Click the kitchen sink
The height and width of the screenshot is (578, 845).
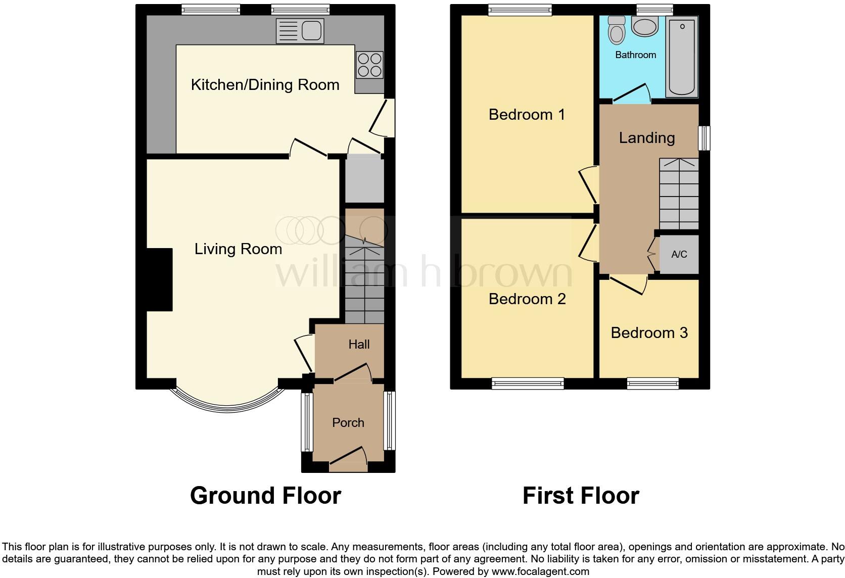(x=300, y=31)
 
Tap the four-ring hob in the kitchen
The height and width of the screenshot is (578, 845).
(x=369, y=65)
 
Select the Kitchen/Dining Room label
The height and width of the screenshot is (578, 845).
(x=265, y=85)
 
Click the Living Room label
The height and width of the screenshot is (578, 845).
(x=238, y=249)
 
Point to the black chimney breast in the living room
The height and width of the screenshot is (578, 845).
(x=160, y=279)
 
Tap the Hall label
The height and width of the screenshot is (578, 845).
(x=359, y=345)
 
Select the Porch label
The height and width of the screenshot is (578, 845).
(x=348, y=423)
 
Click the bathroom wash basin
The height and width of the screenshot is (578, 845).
(x=644, y=26)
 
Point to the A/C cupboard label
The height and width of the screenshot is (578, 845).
(x=679, y=254)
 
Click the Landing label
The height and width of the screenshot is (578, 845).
(x=647, y=138)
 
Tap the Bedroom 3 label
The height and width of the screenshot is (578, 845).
(x=649, y=333)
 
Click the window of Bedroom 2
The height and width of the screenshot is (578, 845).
(x=528, y=384)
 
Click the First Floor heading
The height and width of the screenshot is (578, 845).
(x=581, y=496)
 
